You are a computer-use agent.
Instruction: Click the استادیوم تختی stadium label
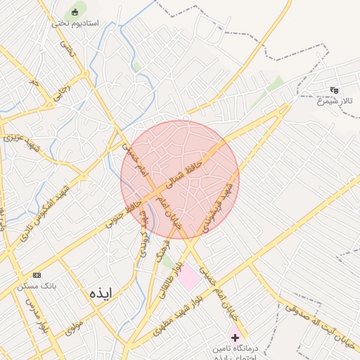pyautogui.click(x=75, y=23)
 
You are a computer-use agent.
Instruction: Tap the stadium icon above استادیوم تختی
pyautogui.click(x=75, y=11)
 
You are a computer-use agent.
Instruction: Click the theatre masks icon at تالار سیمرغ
pyautogui.click(x=334, y=90)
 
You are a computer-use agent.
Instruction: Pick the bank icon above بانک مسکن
pyautogui.click(x=37, y=275)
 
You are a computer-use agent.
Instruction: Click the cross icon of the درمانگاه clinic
pyautogui.click(x=235, y=337)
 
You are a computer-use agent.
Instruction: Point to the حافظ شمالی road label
pyautogui.click(x=185, y=173)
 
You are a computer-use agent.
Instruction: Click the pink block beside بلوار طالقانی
pyautogui.click(x=188, y=278)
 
